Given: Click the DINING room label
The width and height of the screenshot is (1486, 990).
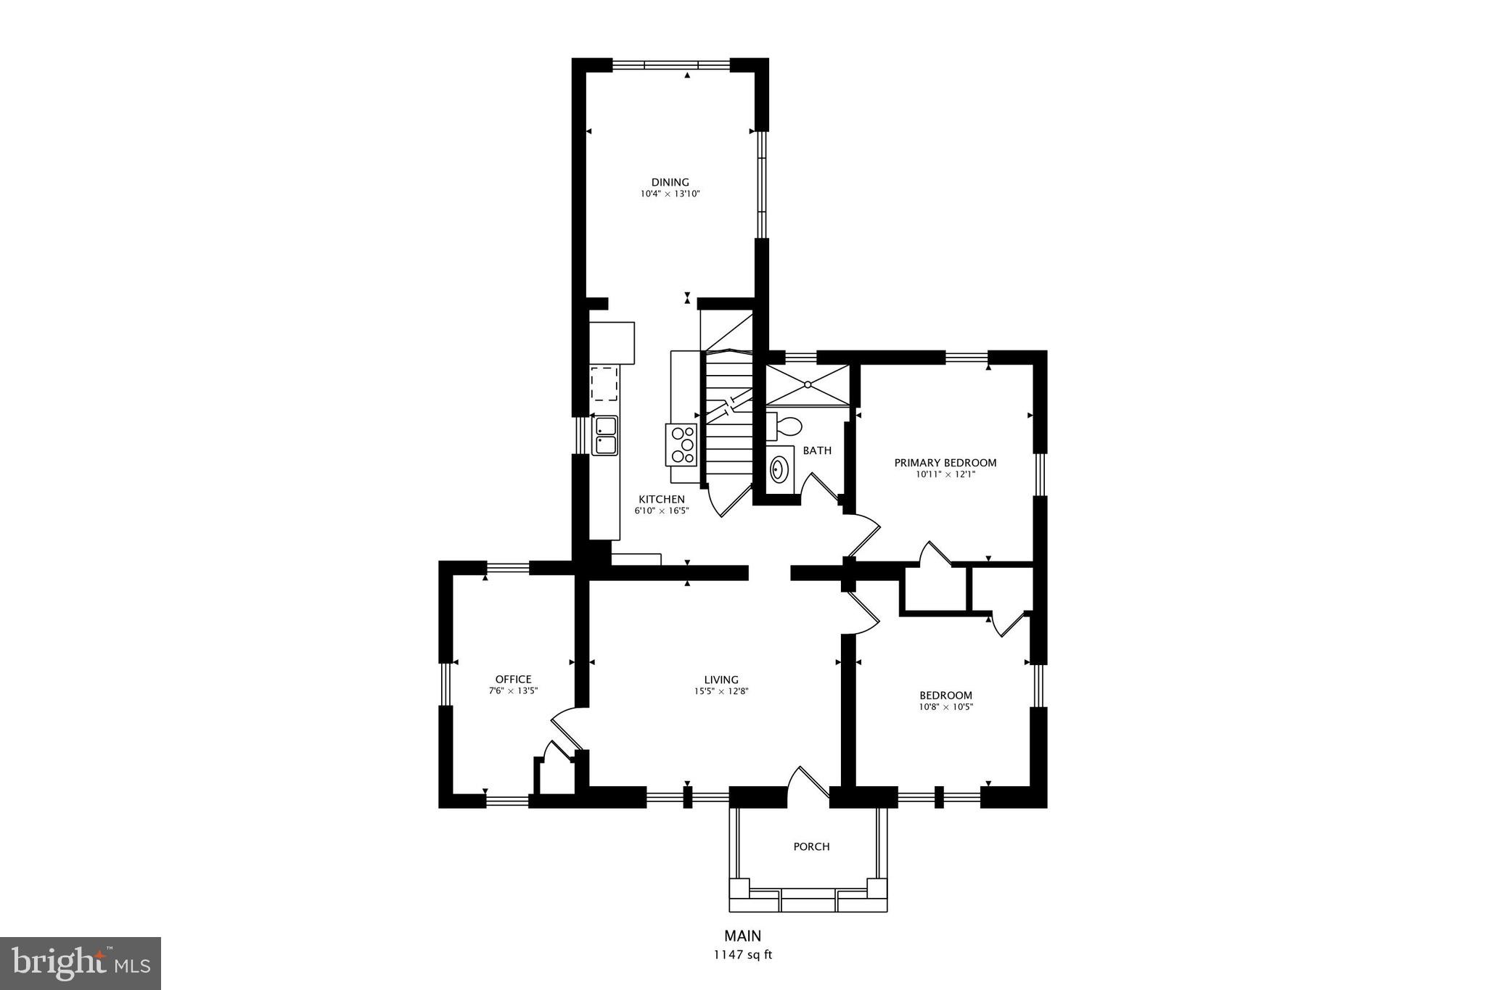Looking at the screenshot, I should click(x=670, y=182).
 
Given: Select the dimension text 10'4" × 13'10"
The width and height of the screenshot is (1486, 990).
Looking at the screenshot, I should click(x=670, y=194).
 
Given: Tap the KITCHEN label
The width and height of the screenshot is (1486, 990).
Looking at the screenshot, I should click(x=661, y=499).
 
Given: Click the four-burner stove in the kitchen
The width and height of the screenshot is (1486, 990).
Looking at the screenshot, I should click(x=681, y=445).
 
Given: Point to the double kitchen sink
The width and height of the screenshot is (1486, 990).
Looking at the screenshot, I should click(x=604, y=435).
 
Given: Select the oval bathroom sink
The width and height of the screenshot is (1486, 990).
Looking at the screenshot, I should click(x=779, y=469).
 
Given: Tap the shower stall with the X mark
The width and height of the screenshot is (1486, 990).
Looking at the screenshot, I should click(x=807, y=384).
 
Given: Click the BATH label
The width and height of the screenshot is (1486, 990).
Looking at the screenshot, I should click(x=817, y=450).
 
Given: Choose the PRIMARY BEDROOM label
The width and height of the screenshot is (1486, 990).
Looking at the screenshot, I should click(x=945, y=463).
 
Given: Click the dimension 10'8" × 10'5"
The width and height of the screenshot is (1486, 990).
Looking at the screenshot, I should click(x=945, y=707).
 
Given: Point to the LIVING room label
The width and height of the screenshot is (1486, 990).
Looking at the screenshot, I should click(x=721, y=680).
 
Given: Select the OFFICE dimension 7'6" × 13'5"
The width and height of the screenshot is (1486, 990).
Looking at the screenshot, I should click(x=513, y=691).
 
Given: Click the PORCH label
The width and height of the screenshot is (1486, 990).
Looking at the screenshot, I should click(x=811, y=846).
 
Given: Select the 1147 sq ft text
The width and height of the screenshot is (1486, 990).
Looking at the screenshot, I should click(x=742, y=954).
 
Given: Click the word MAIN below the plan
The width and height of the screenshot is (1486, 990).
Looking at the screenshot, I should click(x=742, y=936).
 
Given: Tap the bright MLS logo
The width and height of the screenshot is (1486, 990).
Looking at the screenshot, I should click(x=81, y=963).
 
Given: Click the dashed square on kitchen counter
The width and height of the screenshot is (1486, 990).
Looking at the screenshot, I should click(x=604, y=384).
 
